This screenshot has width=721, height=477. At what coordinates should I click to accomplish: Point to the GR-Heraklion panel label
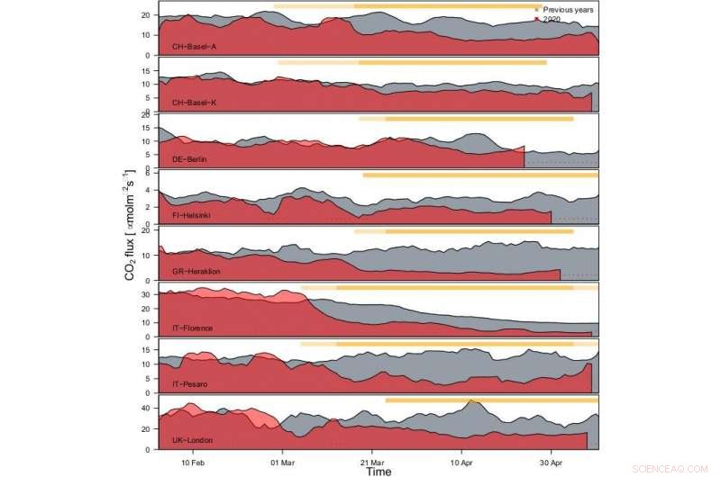click(x=196, y=271)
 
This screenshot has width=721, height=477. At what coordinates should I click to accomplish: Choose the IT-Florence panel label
click(x=193, y=328)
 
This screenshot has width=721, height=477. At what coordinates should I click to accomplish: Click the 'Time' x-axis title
click(x=378, y=471)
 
